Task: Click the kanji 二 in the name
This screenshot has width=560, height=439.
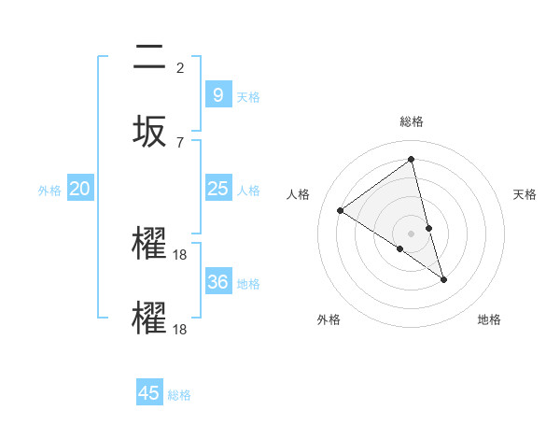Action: tap(150, 57)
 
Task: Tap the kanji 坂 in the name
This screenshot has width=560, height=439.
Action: tap(150, 132)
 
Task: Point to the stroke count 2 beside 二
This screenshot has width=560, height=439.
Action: tap(180, 67)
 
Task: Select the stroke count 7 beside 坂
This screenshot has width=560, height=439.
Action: tap(180, 142)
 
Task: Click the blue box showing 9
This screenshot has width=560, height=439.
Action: tap(217, 94)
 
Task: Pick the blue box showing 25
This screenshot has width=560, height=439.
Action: tap(217, 189)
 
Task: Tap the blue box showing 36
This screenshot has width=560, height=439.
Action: tap(217, 281)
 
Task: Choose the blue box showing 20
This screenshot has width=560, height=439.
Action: tap(80, 189)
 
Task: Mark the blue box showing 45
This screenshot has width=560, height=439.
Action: tap(149, 393)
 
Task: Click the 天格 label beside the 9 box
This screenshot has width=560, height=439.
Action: tap(248, 96)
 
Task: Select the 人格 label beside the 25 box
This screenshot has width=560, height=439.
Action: tap(248, 191)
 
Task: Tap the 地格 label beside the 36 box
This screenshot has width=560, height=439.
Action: tap(248, 283)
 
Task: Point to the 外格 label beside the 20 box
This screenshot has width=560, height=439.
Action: tap(49, 191)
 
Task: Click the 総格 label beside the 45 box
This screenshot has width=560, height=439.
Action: tap(179, 395)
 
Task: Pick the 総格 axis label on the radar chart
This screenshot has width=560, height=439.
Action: tap(412, 121)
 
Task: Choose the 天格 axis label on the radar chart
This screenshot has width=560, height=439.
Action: tap(525, 194)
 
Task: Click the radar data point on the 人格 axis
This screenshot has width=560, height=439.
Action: tap(341, 210)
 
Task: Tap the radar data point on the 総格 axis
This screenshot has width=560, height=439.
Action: tap(412, 159)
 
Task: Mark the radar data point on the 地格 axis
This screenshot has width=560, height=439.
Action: tap(443, 279)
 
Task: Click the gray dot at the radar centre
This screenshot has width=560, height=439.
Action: tap(412, 233)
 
